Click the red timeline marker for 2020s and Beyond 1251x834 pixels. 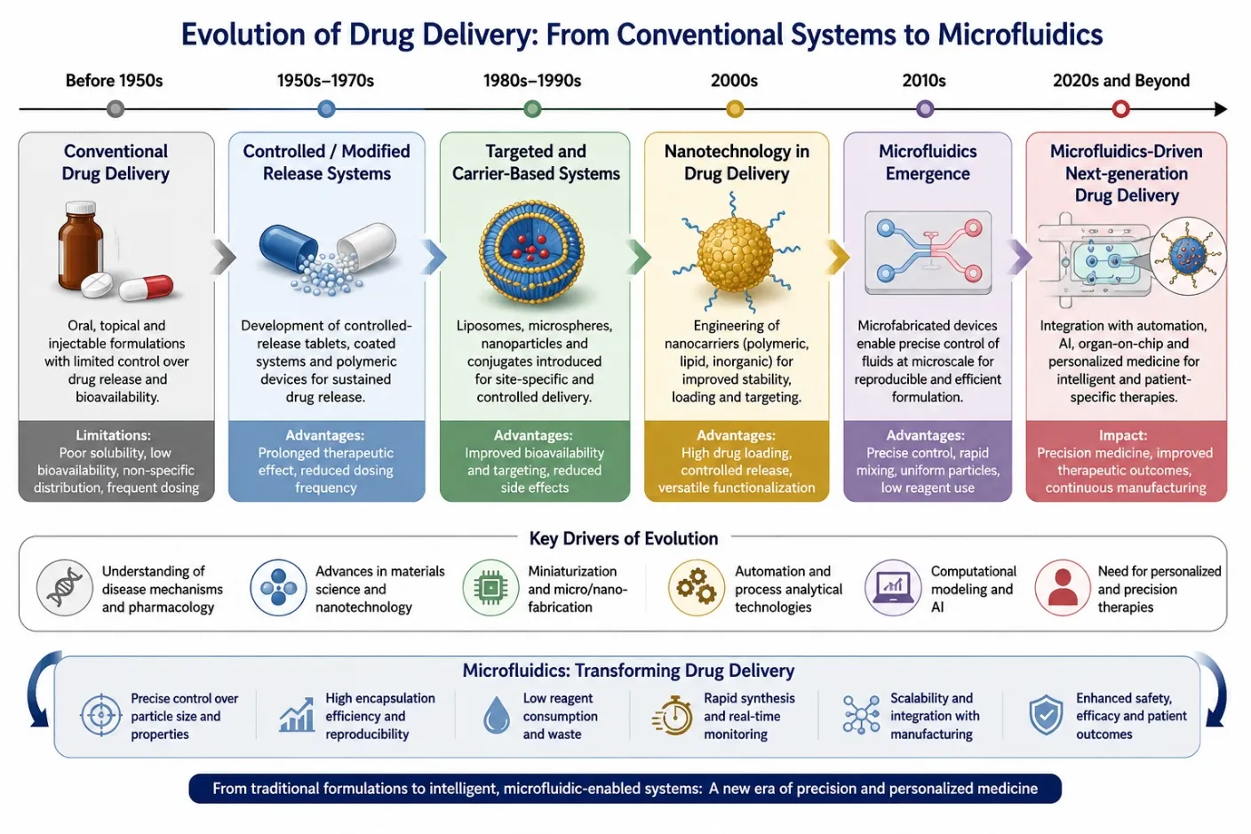click(x=1120, y=108)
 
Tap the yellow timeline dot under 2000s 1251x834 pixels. click(x=735, y=108)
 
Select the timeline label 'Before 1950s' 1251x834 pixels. click(x=114, y=81)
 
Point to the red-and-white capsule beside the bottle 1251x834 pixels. click(x=147, y=287)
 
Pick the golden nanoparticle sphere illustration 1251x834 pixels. click(x=736, y=254)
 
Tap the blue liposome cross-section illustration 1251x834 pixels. click(x=531, y=254)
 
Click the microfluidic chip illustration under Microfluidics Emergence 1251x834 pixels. click(x=928, y=252)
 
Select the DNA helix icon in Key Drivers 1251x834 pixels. click(x=64, y=587)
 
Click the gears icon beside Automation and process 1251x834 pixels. click(x=696, y=587)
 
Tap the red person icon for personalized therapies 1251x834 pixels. click(x=1063, y=587)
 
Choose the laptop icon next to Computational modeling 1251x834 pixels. click(x=892, y=587)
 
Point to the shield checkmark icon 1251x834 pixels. click(x=1046, y=715)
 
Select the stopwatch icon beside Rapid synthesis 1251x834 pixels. click(x=673, y=715)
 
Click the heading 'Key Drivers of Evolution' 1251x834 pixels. click(x=623, y=538)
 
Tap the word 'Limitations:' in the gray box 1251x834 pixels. click(x=114, y=435)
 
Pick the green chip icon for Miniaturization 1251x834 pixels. click(x=490, y=587)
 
